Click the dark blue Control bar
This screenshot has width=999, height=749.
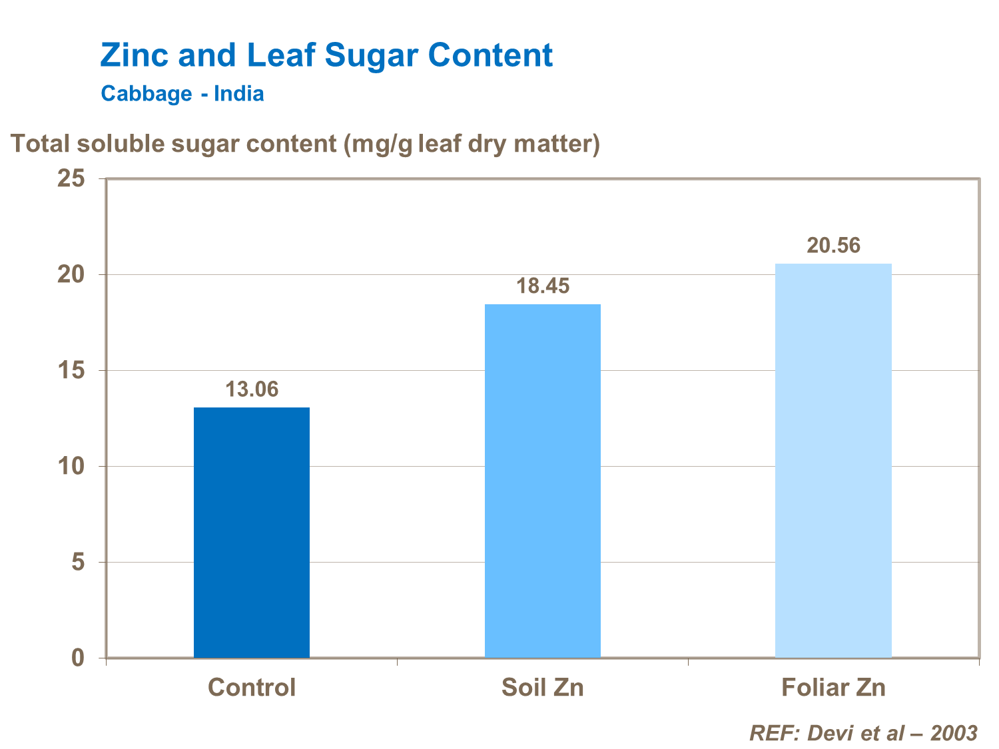[x=251, y=532]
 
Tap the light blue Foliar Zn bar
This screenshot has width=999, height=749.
[x=833, y=460]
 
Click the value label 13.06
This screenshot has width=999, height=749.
[x=251, y=389]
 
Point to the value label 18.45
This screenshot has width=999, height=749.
[x=543, y=286]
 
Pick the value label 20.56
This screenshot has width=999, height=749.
[x=833, y=246]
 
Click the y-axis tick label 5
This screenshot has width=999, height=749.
[x=78, y=562]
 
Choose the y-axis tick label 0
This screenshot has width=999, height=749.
[x=78, y=658]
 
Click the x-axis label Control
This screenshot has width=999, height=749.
[x=251, y=687]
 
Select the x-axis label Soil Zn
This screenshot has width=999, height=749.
[x=542, y=687]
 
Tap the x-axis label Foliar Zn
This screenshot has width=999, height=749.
[x=833, y=687]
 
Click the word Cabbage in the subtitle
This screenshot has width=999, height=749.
[x=147, y=93]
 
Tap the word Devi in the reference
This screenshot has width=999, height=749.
[x=829, y=733]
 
